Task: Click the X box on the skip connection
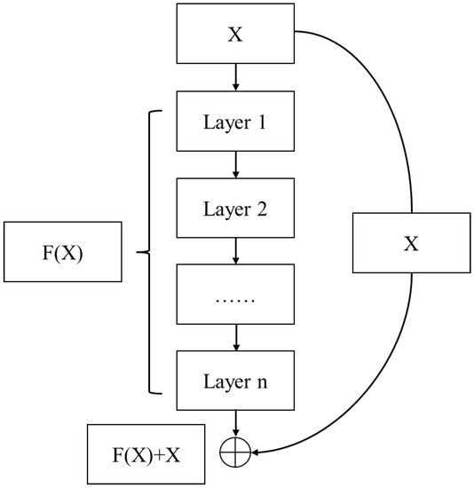click(x=410, y=242)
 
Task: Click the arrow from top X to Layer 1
click(x=235, y=79)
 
